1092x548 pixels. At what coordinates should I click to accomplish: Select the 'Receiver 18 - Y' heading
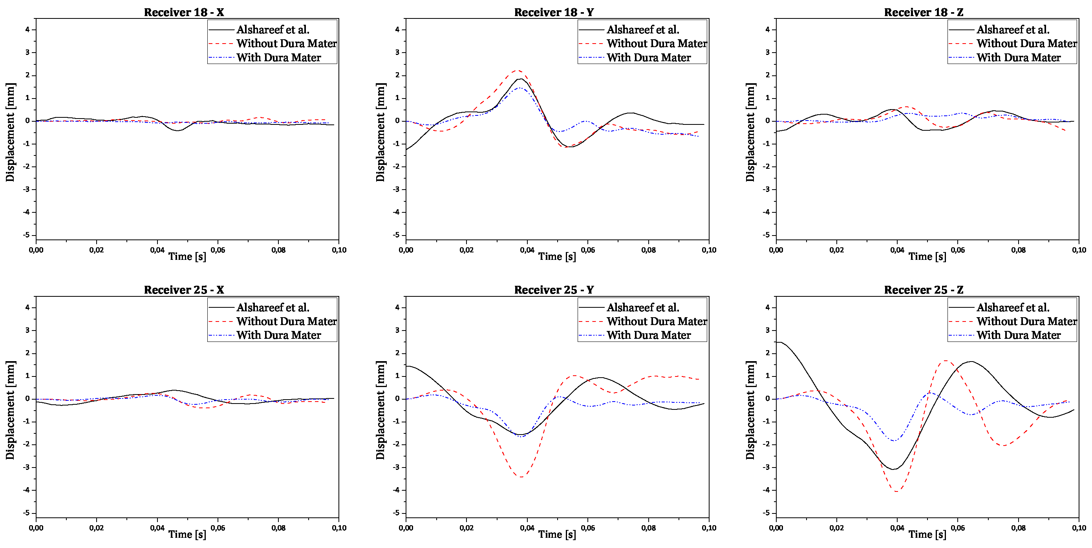pyautogui.click(x=554, y=12)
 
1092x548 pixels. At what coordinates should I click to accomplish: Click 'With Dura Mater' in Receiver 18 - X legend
pyautogui.click(x=278, y=58)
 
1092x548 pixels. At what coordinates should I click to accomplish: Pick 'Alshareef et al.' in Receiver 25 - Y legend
pyautogui.click(x=643, y=307)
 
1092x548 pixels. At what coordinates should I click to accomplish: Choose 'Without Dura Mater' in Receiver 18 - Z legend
pyautogui.click(x=1026, y=43)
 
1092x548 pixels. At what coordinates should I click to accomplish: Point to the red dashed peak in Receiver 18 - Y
pyautogui.click(x=518, y=70)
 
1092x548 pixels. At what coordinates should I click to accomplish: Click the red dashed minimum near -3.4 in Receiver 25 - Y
pyautogui.click(x=521, y=477)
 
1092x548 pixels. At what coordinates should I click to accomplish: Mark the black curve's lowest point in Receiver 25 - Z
pyautogui.click(x=893, y=469)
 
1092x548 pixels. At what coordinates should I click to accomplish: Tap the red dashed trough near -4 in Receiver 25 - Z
pyautogui.click(x=896, y=491)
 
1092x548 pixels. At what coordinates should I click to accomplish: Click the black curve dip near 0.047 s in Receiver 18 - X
pyautogui.click(x=178, y=131)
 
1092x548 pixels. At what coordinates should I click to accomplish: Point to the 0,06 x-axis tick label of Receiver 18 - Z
pyautogui.click(x=958, y=250)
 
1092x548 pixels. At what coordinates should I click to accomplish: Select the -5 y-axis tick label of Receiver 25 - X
pyautogui.click(x=27, y=513)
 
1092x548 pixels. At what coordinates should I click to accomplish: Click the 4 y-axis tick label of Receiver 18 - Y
pyautogui.click(x=397, y=30)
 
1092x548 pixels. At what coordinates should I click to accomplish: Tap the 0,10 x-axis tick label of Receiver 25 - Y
pyautogui.click(x=709, y=528)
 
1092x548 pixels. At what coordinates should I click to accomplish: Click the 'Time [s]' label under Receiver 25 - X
pyautogui.click(x=187, y=534)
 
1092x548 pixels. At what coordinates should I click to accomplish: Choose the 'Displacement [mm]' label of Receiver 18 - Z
pyautogui.click(x=750, y=132)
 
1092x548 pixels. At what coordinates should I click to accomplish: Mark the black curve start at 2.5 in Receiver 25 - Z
pyautogui.click(x=777, y=342)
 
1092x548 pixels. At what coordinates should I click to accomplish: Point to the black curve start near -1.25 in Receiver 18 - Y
pyautogui.click(x=407, y=149)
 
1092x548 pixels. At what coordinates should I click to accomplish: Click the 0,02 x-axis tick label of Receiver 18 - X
pyautogui.click(x=96, y=250)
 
